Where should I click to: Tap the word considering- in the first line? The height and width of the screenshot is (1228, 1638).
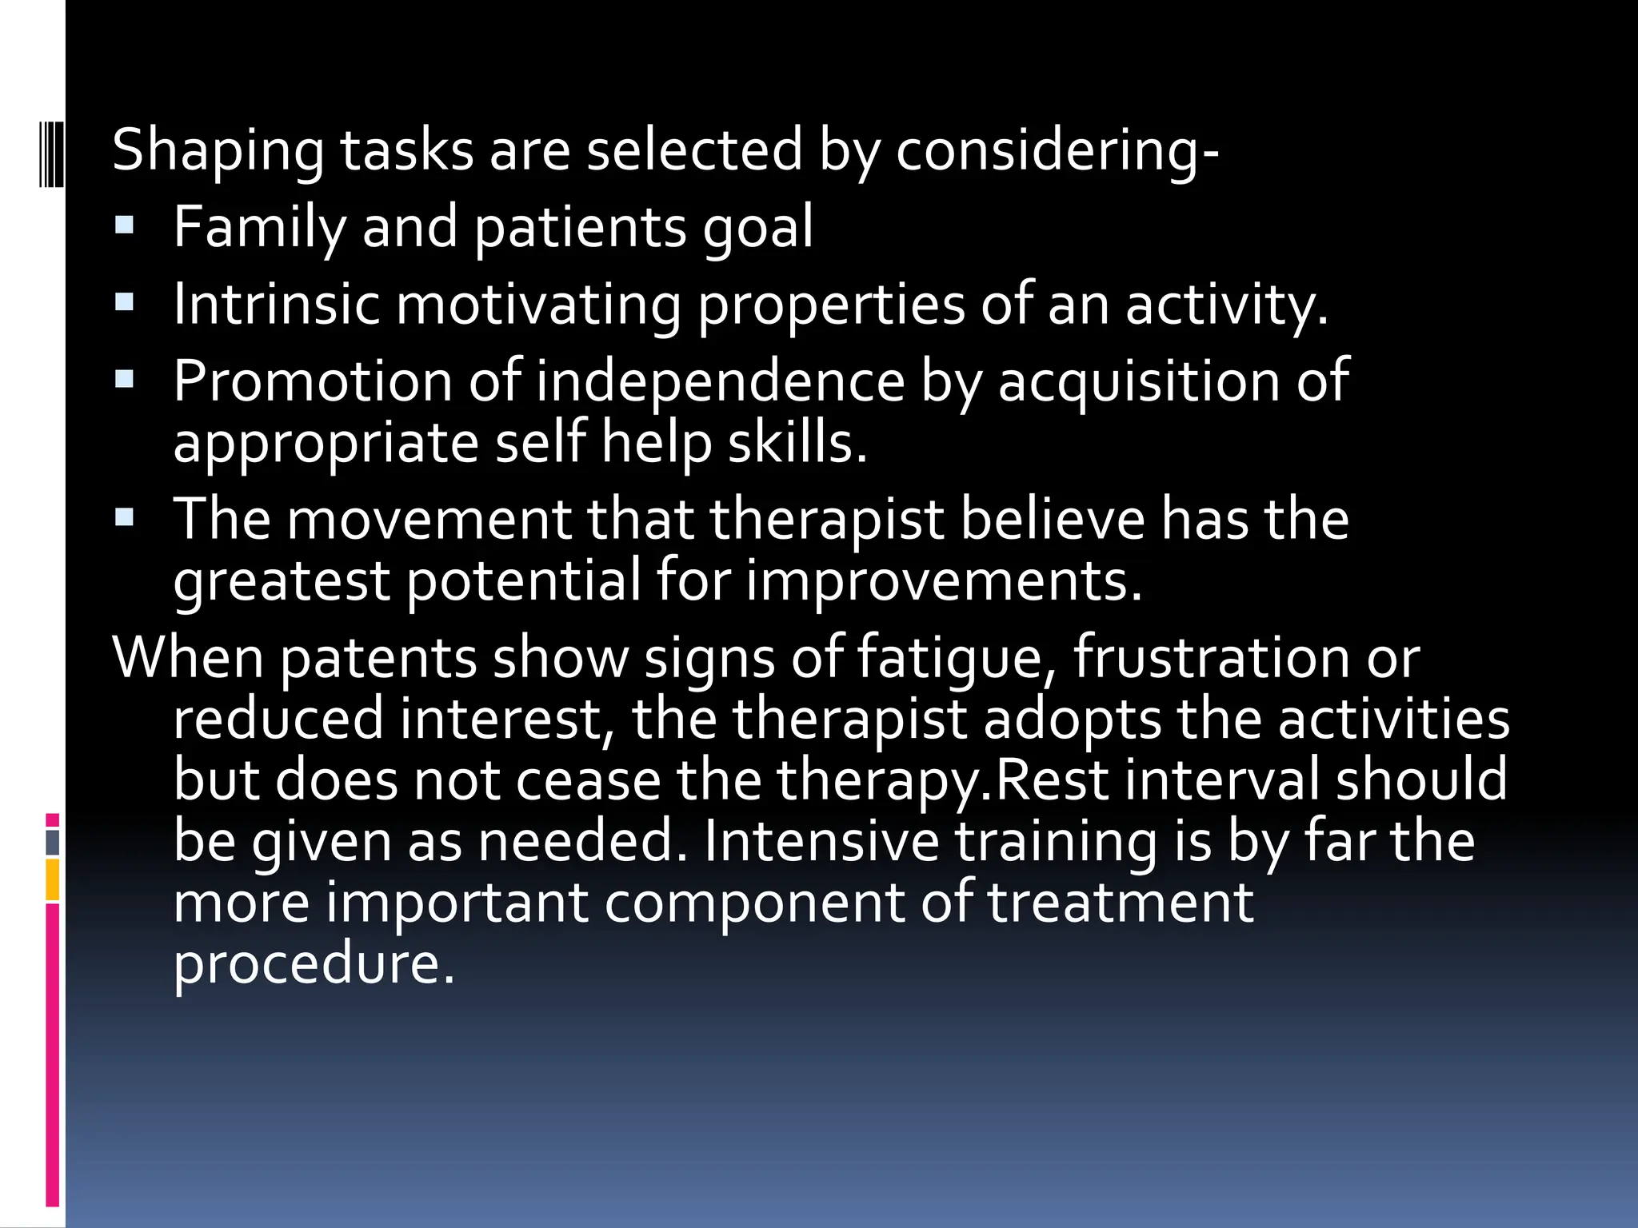[x=1057, y=152]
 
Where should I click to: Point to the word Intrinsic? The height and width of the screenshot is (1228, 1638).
[x=276, y=304]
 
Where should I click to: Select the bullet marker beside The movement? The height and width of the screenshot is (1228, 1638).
[x=124, y=517]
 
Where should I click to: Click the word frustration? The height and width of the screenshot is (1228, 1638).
[x=1211, y=657]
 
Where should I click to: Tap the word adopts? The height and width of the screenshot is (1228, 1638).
[x=1072, y=720]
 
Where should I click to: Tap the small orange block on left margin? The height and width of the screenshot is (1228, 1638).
[x=53, y=879]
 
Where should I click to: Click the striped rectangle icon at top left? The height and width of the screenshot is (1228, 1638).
[x=51, y=151]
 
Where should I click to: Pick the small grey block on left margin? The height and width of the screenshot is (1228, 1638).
[x=53, y=843]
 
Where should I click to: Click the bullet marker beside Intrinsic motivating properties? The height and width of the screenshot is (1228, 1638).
[x=124, y=302]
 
